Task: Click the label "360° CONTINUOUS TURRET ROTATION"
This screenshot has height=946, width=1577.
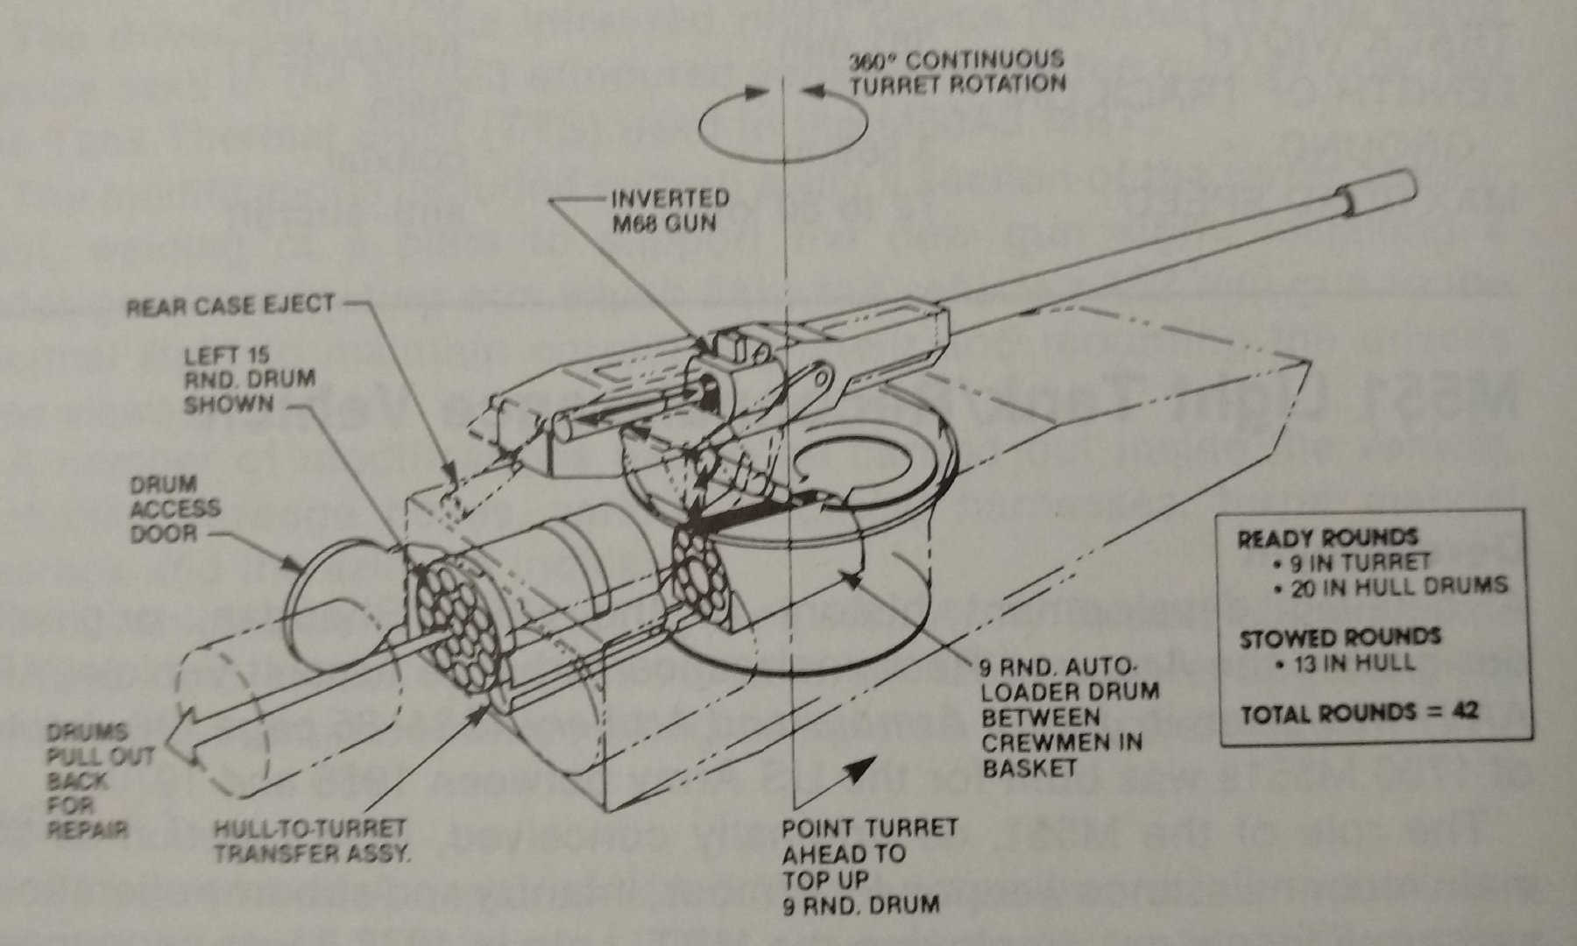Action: click(957, 72)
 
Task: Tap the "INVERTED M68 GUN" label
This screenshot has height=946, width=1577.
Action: click(669, 210)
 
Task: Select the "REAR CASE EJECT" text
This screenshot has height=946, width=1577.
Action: click(230, 306)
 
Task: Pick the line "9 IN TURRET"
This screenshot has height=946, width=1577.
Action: click(1354, 561)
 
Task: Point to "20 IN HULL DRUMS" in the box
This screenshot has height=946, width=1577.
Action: click(1392, 585)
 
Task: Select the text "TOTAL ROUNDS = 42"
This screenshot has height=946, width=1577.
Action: click(1359, 711)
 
